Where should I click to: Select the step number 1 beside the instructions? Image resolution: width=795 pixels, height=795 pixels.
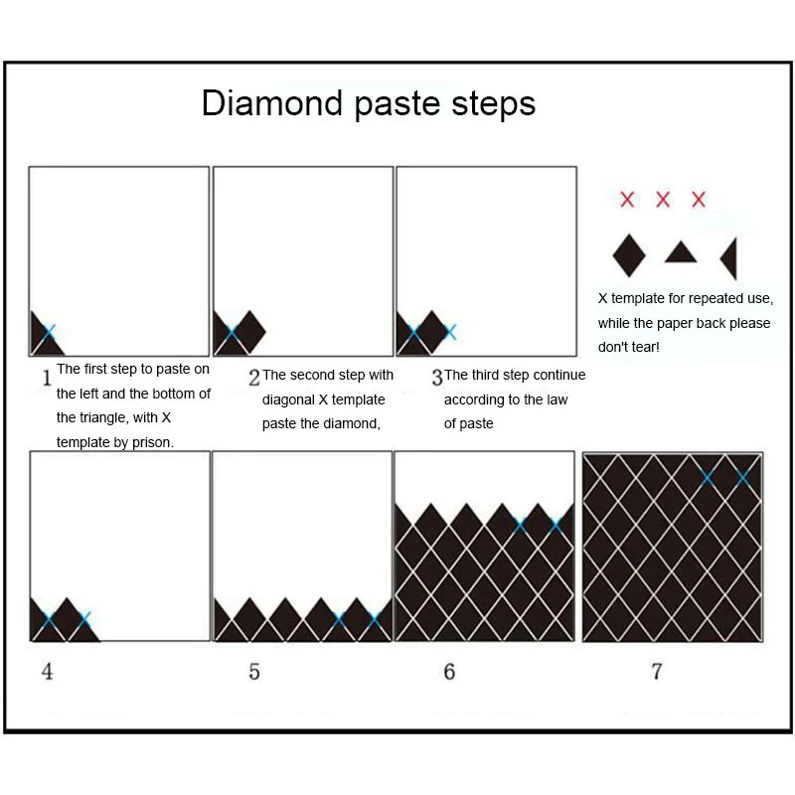click(x=46, y=378)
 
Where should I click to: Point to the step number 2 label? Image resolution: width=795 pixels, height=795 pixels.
click(x=254, y=378)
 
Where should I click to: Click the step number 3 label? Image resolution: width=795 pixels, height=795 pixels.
click(x=437, y=378)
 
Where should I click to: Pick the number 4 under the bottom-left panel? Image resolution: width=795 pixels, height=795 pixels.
click(x=47, y=672)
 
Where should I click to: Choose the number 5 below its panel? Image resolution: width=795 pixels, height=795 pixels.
click(x=254, y=672)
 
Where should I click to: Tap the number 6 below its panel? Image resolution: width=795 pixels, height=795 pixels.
click(x=449, y=672)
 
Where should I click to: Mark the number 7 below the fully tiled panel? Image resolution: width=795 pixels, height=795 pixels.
click(x=656, y=672)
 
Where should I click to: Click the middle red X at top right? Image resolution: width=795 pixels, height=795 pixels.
click(x=663, y=200)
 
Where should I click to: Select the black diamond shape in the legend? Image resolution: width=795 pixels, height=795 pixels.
click(x=628, y=254)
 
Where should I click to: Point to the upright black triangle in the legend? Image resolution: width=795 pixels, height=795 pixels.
click(x=680, y=252)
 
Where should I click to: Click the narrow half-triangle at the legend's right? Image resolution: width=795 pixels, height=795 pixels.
click(x=729, y=258)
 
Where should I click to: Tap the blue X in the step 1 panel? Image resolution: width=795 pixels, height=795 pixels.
click(x=49, y=331)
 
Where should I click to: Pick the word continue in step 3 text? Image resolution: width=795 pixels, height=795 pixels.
click(x=559, y=375)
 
